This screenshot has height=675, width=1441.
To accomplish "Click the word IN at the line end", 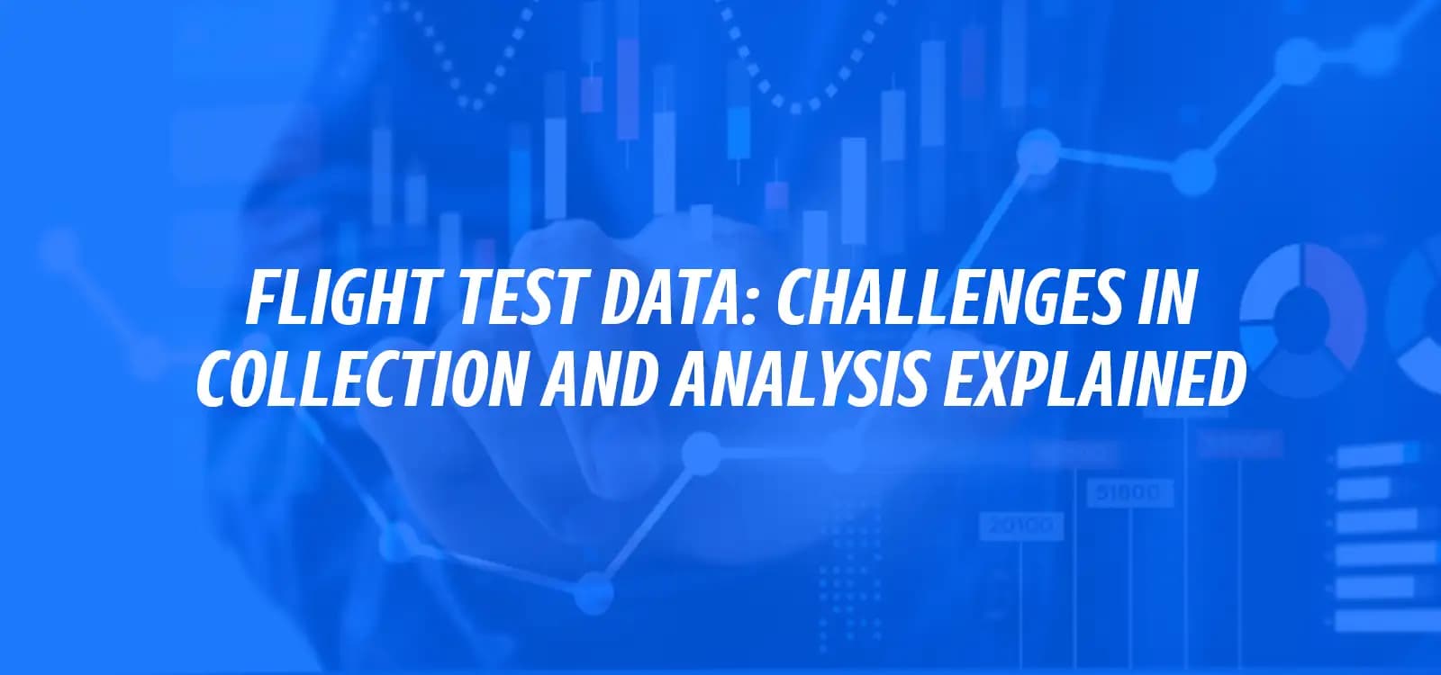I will click(x=1172, y=298).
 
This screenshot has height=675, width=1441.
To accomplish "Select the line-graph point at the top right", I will click(x=1293, y=59).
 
